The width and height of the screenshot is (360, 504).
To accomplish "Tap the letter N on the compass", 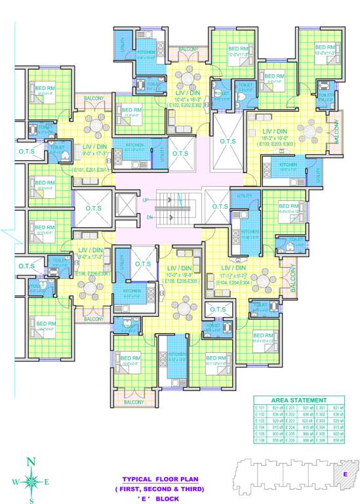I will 31,461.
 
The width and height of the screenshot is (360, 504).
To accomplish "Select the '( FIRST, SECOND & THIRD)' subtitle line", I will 159,490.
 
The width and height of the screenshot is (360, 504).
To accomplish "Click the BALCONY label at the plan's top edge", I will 189,49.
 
